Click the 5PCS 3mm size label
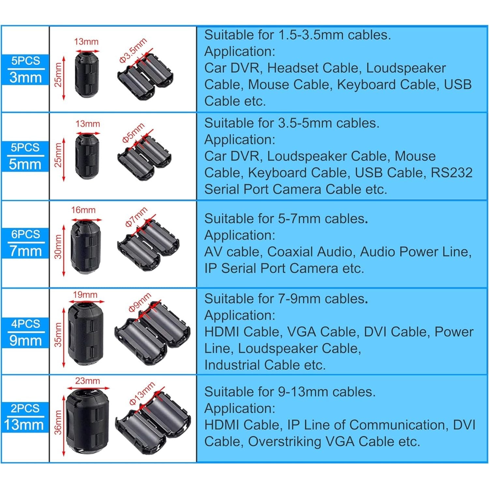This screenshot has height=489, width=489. [25, 69]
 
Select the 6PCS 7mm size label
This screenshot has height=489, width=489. [25, 243]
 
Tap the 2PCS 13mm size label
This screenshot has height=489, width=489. [25, 417]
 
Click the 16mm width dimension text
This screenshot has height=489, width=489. [83, 210]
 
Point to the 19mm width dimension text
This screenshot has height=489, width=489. [85, 295]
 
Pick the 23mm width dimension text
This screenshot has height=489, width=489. [87, 381]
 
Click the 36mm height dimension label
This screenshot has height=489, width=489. [58, 422]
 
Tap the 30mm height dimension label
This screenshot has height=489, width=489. [58, 247]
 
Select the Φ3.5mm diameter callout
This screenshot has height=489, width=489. [133, 50]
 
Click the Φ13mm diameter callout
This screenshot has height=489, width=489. [142, 393]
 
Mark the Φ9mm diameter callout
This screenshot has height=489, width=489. [140, 303]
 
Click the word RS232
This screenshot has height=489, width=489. [452, 173]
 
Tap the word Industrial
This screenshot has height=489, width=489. [232, 365]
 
